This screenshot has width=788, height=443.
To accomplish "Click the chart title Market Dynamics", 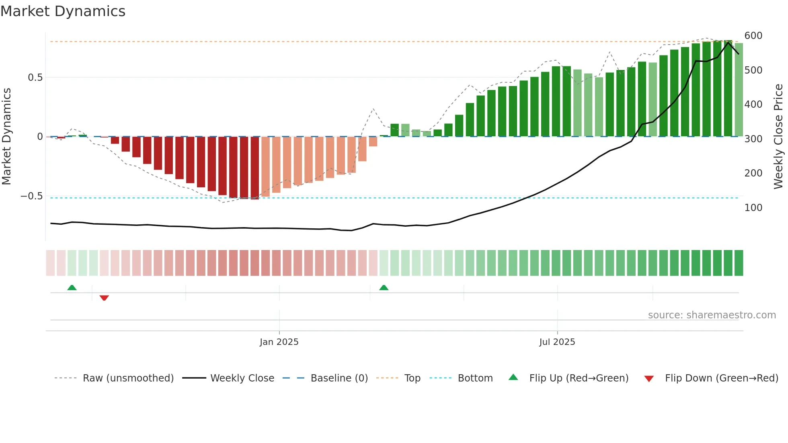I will [x=63, y=11].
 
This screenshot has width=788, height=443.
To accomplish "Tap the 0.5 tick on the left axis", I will [x=35, y=78].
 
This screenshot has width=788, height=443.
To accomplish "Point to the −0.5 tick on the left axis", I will [x=32, y=196].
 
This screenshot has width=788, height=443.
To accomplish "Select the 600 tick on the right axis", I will [x=753, y=36].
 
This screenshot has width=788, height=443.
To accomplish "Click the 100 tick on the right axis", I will [x=753, y=208].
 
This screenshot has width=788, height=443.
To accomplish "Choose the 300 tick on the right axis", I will [x=753, y=139].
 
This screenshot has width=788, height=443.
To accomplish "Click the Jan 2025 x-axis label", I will [x=279, y=342].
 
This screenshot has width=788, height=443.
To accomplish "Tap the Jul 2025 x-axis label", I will [x=557, y=342].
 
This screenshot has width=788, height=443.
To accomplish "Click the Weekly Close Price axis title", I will [x=778, y=137].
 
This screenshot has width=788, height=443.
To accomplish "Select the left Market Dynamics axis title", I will [x=6, y=137].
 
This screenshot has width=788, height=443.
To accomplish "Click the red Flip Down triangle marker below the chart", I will [x=104, y=298].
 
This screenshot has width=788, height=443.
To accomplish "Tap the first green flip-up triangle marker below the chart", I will [x=72, y=287].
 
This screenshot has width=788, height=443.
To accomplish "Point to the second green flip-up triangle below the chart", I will [x=384, y=287].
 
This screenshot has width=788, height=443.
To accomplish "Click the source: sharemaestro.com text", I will [x=712, y=315].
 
